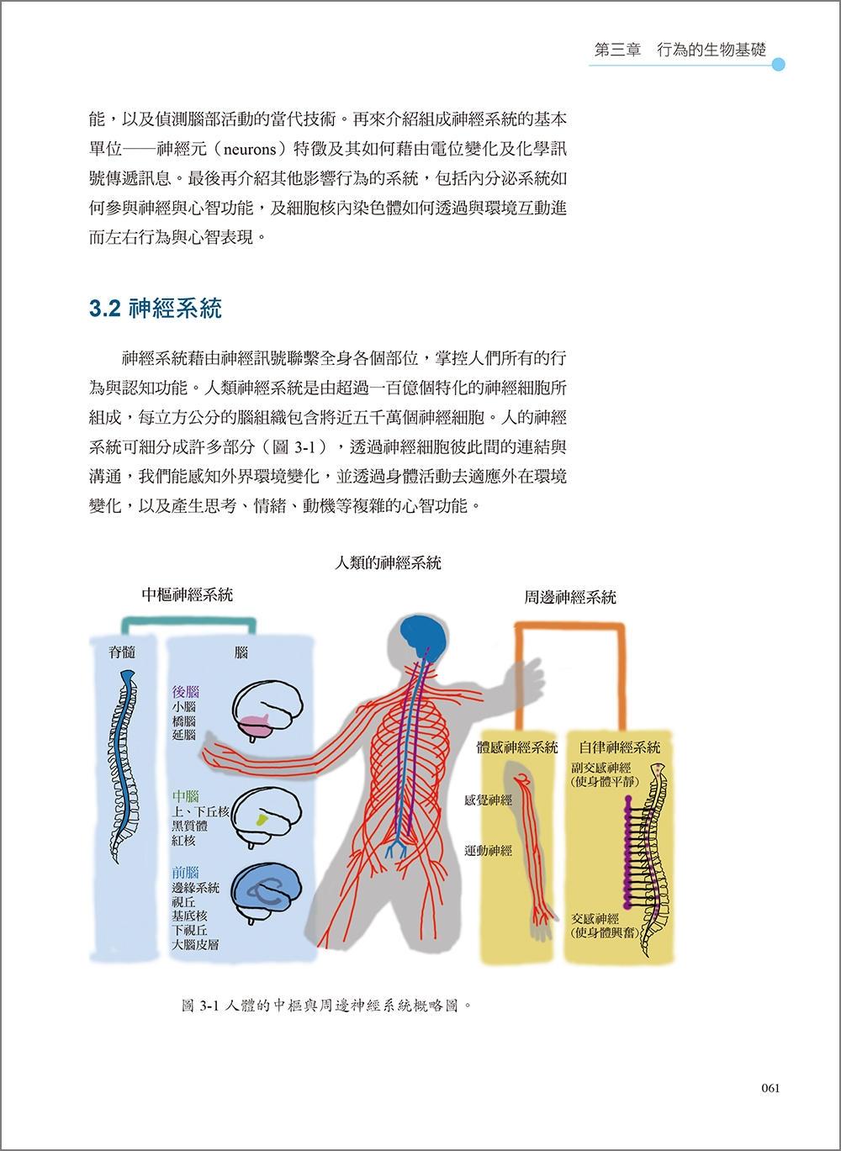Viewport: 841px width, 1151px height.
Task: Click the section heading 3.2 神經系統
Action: pyautogui.click(x=156, y=309)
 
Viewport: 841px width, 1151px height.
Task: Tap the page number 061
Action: pyautogui.click(x=770, y=1088)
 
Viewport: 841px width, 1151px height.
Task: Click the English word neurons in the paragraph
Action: pyautogui.click(x=251, y=150)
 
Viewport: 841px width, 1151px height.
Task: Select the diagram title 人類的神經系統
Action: pyautogui.click(x=388, y=563)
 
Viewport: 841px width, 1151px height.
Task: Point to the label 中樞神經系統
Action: pyautogui.click(x=187, y=595)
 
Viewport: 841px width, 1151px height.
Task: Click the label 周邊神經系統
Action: pyautogui.click(x=570, y=597)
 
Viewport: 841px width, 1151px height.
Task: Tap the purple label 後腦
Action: pyautogui.click(x=185, y=692)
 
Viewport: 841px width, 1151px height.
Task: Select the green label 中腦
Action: pyautogui.click(x=185, y=796)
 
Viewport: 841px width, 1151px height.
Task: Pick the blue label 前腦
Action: pyautogui.click(x=185, y=873)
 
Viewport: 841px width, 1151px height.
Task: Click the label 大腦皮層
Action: pyautogui.click(x=195, y=944)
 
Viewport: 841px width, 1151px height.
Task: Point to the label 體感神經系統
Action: pyautogui.click(x=517, y=747)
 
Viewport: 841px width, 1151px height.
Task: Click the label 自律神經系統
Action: pyautogui.click(x=620, y=747)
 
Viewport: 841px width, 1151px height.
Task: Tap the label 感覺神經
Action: pyautogui.click(x=489, y=800)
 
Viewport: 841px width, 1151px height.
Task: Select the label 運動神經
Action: pyautogui.click(x=489, y=850)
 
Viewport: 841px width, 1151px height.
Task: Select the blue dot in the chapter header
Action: pyautogui.click(x=778, y=65)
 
